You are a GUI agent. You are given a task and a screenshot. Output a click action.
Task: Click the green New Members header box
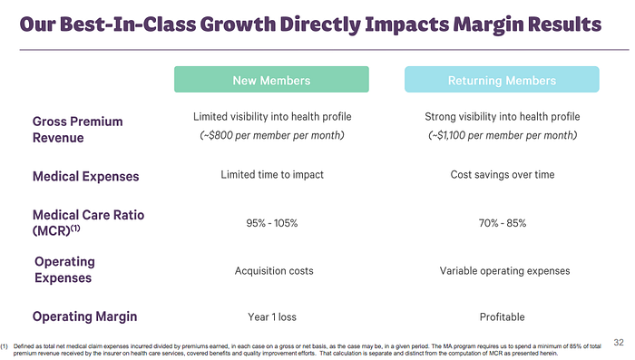(x=271, y=80)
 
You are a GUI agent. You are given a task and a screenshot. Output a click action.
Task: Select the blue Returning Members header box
(x=502, y=80)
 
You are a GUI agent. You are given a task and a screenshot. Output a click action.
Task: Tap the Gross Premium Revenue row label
(x=77, y=130)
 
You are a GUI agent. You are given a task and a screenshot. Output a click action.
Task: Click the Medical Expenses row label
(x=86, y=177)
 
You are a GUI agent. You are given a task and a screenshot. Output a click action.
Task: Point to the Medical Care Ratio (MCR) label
(x=88, y=223)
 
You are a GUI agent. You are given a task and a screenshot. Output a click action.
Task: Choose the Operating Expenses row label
(x=64, y=269)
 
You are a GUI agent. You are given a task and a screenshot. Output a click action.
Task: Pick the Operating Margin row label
(x=84, y=316)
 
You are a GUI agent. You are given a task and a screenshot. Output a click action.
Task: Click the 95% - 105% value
(x=272, y=223)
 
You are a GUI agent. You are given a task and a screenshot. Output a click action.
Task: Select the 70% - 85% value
(x=503, y=223)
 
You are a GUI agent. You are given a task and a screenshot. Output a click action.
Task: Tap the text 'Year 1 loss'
(x=272, y=317)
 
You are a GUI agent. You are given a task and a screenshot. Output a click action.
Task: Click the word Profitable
(x=503, y=317)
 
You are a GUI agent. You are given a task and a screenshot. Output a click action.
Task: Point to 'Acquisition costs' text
(x=274, y=271)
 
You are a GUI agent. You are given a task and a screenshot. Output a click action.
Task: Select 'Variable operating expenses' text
(x=504, y=271)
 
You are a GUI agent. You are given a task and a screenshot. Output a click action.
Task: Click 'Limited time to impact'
(x=272, y=174)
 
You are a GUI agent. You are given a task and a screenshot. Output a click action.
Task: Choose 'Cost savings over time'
(x=503, y=174)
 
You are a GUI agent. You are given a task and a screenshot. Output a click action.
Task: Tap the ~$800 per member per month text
(x=272, y=135)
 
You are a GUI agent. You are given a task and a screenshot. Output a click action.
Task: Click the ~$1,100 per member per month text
(x=503, y=135)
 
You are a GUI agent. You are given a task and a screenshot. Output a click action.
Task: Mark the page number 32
(x=619, y=343)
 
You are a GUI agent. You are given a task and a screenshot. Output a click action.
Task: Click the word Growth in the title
(x=238, y=24)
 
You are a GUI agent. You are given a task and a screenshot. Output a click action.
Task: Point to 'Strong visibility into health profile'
(x=503, y=117)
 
